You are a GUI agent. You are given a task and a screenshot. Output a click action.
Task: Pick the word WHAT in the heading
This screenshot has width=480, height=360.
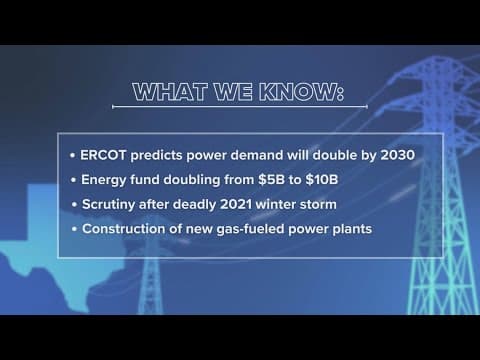coord(171,94)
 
